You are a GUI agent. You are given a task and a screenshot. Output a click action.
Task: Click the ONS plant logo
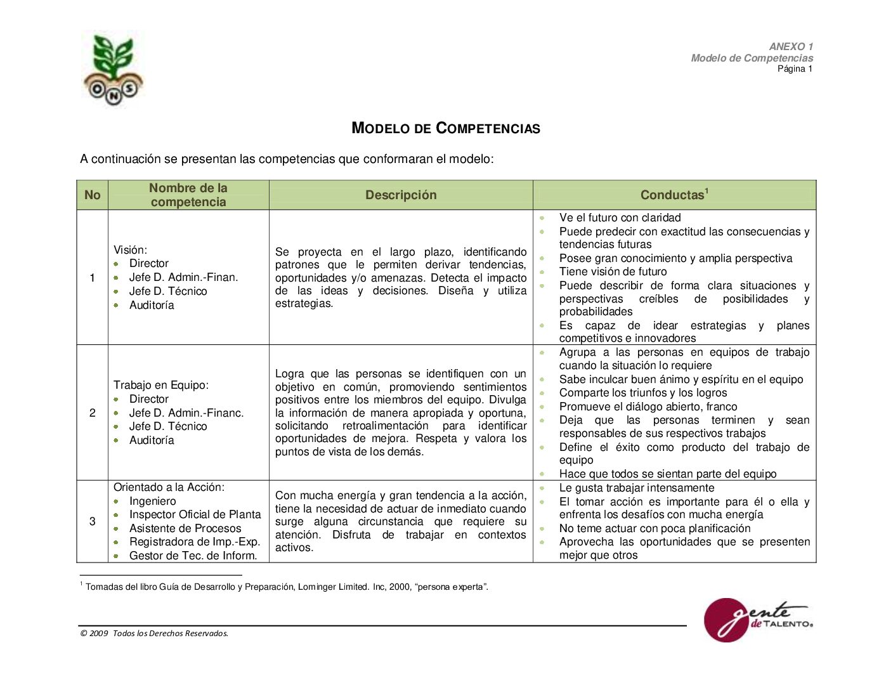113,70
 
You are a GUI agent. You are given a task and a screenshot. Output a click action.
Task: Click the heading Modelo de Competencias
446,128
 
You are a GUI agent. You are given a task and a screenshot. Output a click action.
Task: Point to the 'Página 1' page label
795,69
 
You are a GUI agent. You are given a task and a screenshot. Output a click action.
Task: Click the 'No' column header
93,195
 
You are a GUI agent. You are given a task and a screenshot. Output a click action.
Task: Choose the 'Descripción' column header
401,195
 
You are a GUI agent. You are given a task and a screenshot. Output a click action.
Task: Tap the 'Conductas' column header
674,195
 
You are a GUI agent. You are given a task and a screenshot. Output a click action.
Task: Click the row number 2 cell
93,413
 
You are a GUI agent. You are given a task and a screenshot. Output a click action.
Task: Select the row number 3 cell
93,521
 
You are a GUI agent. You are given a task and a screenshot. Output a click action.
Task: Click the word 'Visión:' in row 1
130,250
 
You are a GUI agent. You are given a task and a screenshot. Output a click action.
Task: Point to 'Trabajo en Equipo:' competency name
161,385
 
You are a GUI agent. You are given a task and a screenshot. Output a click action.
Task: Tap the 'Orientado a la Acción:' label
169,487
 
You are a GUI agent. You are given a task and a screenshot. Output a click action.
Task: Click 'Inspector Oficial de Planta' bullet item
195,514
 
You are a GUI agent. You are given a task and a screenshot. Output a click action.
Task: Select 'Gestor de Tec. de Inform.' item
193,556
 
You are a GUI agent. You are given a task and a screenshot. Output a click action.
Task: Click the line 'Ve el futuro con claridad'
620,218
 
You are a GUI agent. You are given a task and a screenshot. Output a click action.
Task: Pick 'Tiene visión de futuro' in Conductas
613,271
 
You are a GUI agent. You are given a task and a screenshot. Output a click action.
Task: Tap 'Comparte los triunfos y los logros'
643,393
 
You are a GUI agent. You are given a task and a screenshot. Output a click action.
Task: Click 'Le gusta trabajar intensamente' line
636,488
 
